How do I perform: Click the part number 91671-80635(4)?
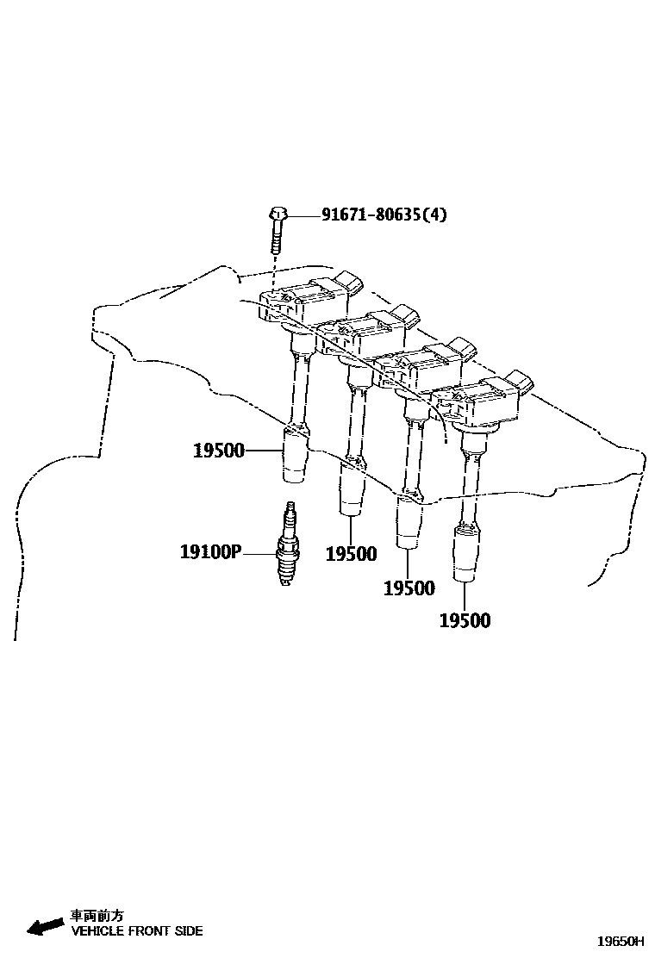384,215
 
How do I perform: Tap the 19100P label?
210,551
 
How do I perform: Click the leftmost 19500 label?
219,450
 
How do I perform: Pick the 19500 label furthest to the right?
465,620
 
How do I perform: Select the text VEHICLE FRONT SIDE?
137,931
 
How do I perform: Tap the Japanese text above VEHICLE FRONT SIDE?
97,917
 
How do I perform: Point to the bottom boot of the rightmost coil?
465,555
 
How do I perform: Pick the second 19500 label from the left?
351,554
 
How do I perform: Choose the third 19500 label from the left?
409,588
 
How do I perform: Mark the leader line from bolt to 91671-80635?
303,215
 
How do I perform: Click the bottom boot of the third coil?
408,522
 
